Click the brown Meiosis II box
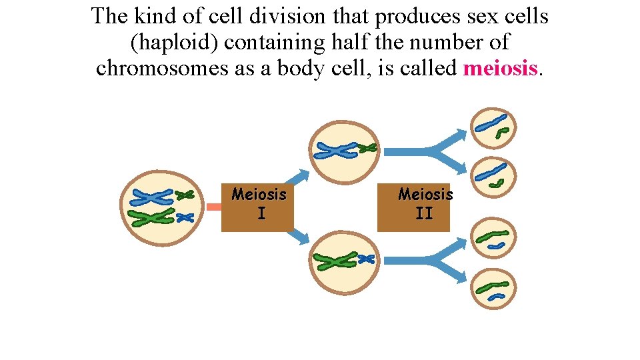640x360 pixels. [414, 206]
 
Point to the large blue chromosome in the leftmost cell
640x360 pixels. [152, 197]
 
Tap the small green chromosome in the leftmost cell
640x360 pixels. [184, 195]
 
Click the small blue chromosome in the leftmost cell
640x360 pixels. [185, 217]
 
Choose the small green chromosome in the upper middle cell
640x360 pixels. [367, 148]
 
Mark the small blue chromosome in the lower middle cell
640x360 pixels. [367, 259]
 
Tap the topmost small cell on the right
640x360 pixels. [494, 127]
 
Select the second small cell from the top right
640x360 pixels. [494, 177]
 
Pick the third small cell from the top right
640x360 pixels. [494, 239]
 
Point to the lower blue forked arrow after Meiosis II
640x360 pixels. [433, 262]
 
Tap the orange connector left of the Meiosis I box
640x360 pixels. [214, 207]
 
